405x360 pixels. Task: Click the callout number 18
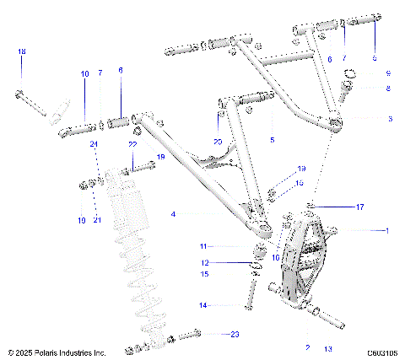pos(21,52)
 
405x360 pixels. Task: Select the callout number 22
pos(132,144)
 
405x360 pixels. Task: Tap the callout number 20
pos(218,141)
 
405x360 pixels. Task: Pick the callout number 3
pos(388,119)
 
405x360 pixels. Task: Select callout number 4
pos(173,215)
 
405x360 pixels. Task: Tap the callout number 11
pos(202,246)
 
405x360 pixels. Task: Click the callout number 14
pos(202,304)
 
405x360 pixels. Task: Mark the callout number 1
pos(388,230)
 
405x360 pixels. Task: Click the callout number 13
pos(327,347)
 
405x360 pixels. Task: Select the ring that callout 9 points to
pos(348,85)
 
